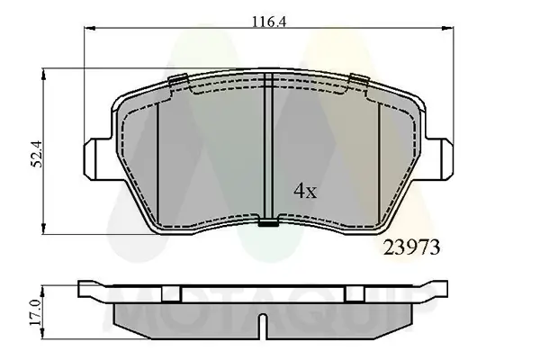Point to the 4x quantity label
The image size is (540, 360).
tap(305, 190)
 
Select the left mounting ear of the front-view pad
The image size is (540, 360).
tap(96, 157)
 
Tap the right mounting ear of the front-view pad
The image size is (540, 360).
tap(442, 157)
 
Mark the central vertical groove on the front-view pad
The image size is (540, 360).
tap(268, 148)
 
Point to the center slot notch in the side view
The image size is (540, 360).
tap(262, 325)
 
